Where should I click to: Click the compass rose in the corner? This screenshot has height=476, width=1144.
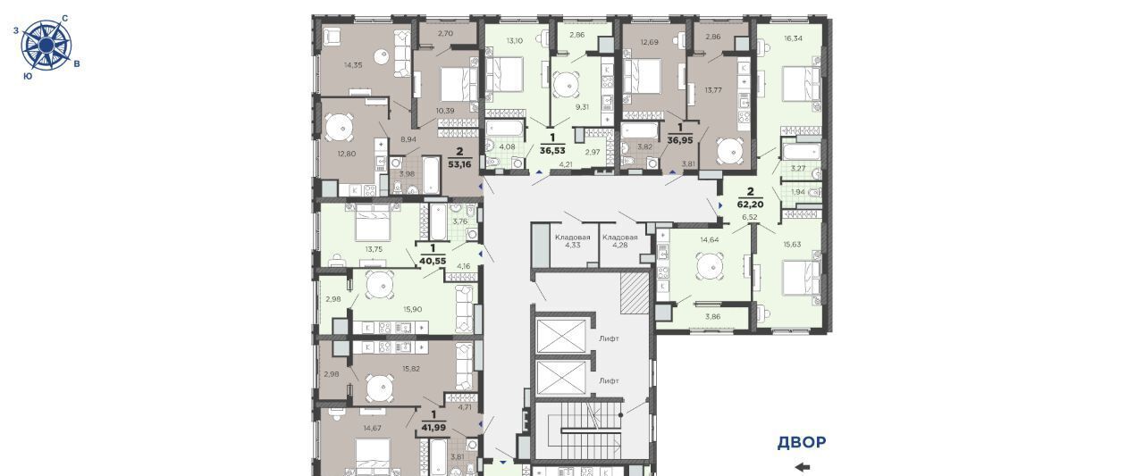click(x=46, y=46)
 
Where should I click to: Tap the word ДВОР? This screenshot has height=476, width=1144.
click(x=802, y=442)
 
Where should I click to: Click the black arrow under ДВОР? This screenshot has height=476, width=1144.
click(x=803, y=467)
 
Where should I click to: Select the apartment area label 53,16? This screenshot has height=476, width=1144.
click(x=459, y=164)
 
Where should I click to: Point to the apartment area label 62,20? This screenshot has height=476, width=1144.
click(x=750, y=205)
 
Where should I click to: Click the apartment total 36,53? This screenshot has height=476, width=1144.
click(x=552, y=151)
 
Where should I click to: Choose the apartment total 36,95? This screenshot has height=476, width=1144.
click(x=680, y=140)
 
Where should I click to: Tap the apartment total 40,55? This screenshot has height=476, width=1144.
click(x=433, y=261)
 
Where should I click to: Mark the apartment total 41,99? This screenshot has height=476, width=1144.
click(x=433, y=428)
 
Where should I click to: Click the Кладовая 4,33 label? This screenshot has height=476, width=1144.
click(x=573, y=241)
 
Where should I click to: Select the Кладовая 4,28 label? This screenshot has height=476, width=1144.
click(x=619, y=241)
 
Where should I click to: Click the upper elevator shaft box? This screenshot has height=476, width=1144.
click(x=560, y=336)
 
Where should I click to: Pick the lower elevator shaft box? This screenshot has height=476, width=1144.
click(x=560, y=378)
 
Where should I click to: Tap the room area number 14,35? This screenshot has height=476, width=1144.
click(x=353, y=65)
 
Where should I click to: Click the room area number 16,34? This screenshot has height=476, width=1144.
click(x=793, y=38)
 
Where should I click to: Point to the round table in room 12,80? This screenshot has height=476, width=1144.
click(x=339, y=127)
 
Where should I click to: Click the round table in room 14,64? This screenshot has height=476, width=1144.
click(x=710, y=266)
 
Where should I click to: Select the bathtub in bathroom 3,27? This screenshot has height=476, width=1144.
click(x=801, y=152)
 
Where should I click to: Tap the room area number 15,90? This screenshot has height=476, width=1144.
click(x=413, y=309)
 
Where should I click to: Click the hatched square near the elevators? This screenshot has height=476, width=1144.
click(x=635, y=292)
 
